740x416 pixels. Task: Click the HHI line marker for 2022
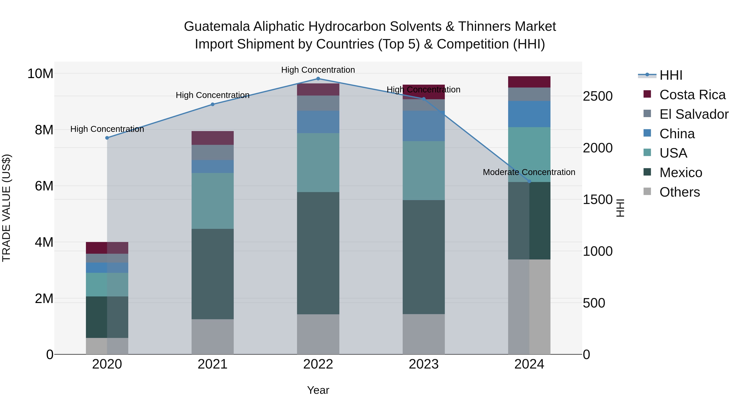point(318,79)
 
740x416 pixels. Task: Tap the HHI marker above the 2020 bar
point(107,138)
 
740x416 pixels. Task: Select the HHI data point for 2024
point(530,181)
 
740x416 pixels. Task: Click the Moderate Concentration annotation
point(529,172)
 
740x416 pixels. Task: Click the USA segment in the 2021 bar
point(213,201)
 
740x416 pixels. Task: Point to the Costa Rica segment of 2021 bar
point(213,138)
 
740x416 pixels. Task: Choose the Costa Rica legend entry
point(692,95)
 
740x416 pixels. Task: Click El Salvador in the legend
point(694,114)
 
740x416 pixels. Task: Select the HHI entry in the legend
point(671,75)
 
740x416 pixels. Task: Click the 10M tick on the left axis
point(40,74)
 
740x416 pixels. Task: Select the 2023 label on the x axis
point(423,364)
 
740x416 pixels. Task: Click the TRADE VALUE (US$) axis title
point(6,208)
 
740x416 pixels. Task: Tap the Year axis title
point(318,390)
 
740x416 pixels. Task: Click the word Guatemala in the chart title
point(217,27)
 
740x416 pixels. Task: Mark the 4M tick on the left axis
point(44,242)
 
